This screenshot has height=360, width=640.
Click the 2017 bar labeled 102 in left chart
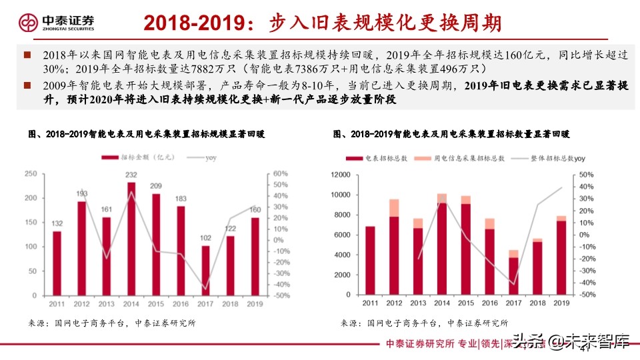205,270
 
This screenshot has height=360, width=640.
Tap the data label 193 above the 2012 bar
81,194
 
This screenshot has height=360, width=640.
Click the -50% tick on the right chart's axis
585,295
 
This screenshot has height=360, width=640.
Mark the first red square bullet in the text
27,55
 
